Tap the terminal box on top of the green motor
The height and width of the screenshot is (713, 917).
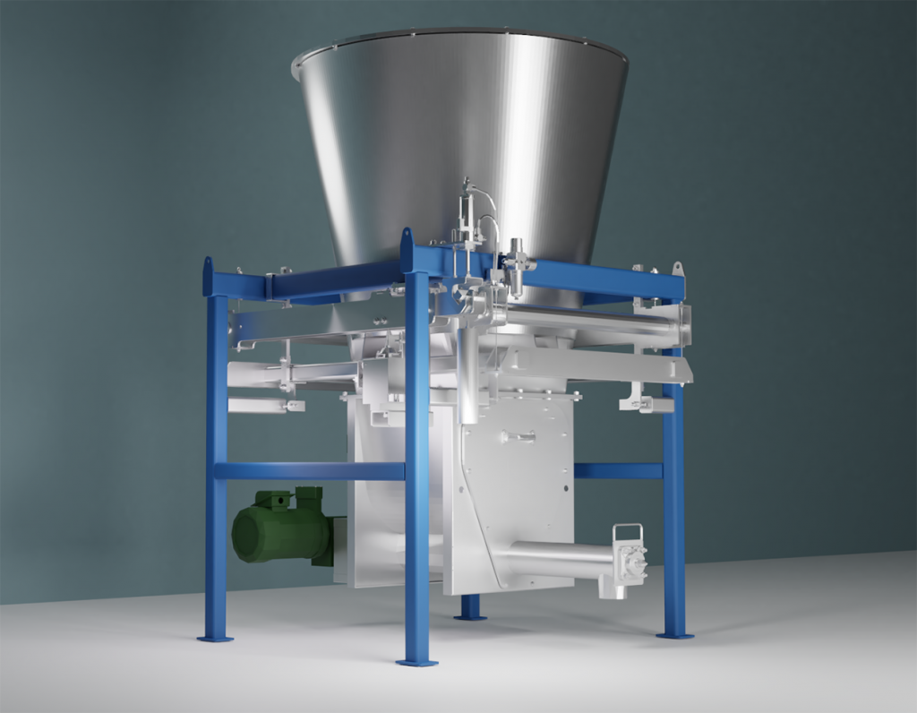pyautogui.click(x=309, y=495)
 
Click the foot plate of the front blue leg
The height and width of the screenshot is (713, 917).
pyautogui.click(x=416, y=662)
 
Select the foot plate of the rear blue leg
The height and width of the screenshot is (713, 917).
pyautogui.click(x=469, y=615)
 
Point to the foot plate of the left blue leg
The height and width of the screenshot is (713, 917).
pyautogui.click(x=215, y=638)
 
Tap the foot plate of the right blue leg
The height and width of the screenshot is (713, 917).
pyautogui.click(x=674, y=634)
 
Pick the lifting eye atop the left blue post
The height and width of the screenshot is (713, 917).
pyautogui.click(x=209, y=265)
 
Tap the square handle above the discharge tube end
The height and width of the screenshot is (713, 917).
pyautogui.click(x=627, y=534)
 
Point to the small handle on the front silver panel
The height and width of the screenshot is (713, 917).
pyautogui.click(x=518, y=436)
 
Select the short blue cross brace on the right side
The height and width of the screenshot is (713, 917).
pyautogui.click(x=618, y=470)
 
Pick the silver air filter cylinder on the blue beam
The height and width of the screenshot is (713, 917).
pyautogui.click(x=517, y=264)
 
